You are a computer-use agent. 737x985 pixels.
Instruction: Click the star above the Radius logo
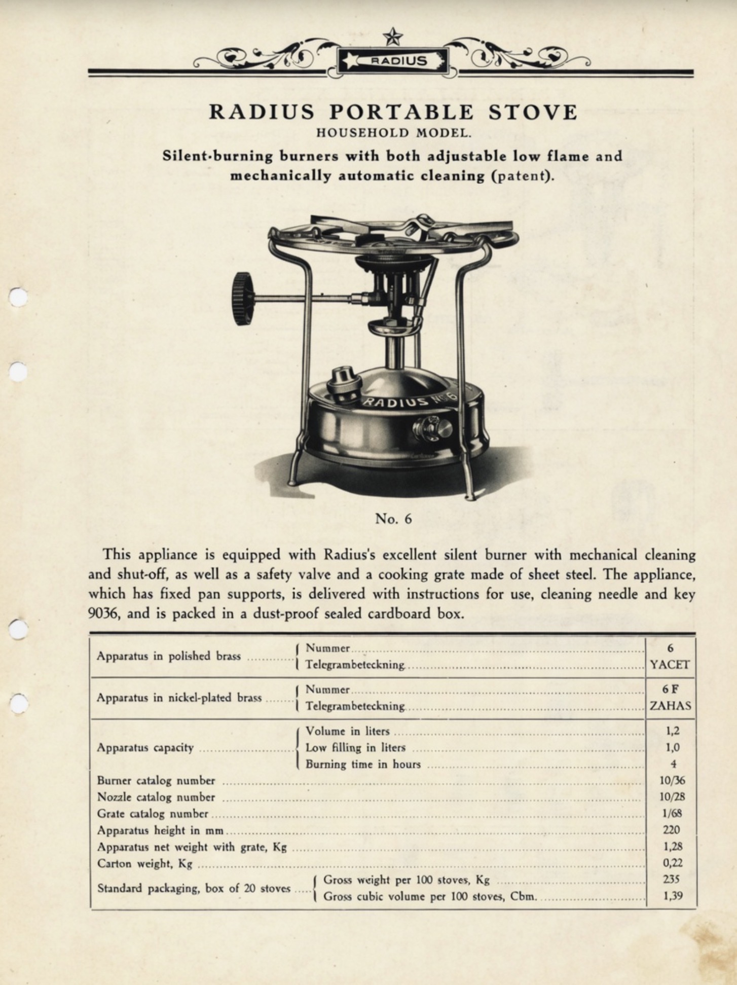pyautogui.click(x=392, y=37)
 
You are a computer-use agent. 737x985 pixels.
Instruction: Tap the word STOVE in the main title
pyautogui.click(x=532, y=112)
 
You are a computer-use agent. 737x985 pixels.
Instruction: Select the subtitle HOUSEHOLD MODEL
pyautogui.click(x=394, y=134)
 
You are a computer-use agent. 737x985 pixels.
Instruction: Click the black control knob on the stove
pyautogui.click(x=244, y=299)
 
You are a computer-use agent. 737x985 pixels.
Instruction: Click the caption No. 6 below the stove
pyautogui.click(x=393, y=519)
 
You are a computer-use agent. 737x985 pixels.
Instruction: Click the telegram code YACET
pyautogui.click(x=670, y=665)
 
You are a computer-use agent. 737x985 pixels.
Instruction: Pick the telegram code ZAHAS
pyautogui.click(x=670, y=706)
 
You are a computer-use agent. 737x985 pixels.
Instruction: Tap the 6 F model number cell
pyautogui.click(x=670, y=689)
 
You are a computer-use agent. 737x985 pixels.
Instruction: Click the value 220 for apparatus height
pyautogui.click(x=671, y=830)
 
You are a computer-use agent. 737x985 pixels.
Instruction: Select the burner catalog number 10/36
pyautogui.click(x=672, y=781)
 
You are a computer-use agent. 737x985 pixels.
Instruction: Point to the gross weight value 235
pyautogui.click(x=671, y=880)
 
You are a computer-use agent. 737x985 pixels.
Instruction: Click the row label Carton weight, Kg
pyautogui.click(x=144, y=864)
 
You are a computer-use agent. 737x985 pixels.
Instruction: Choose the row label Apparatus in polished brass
pyautogui.click(x=168, y=656)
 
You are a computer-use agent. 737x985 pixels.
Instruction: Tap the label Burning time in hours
pyautogui.click(x=363, y=764)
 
